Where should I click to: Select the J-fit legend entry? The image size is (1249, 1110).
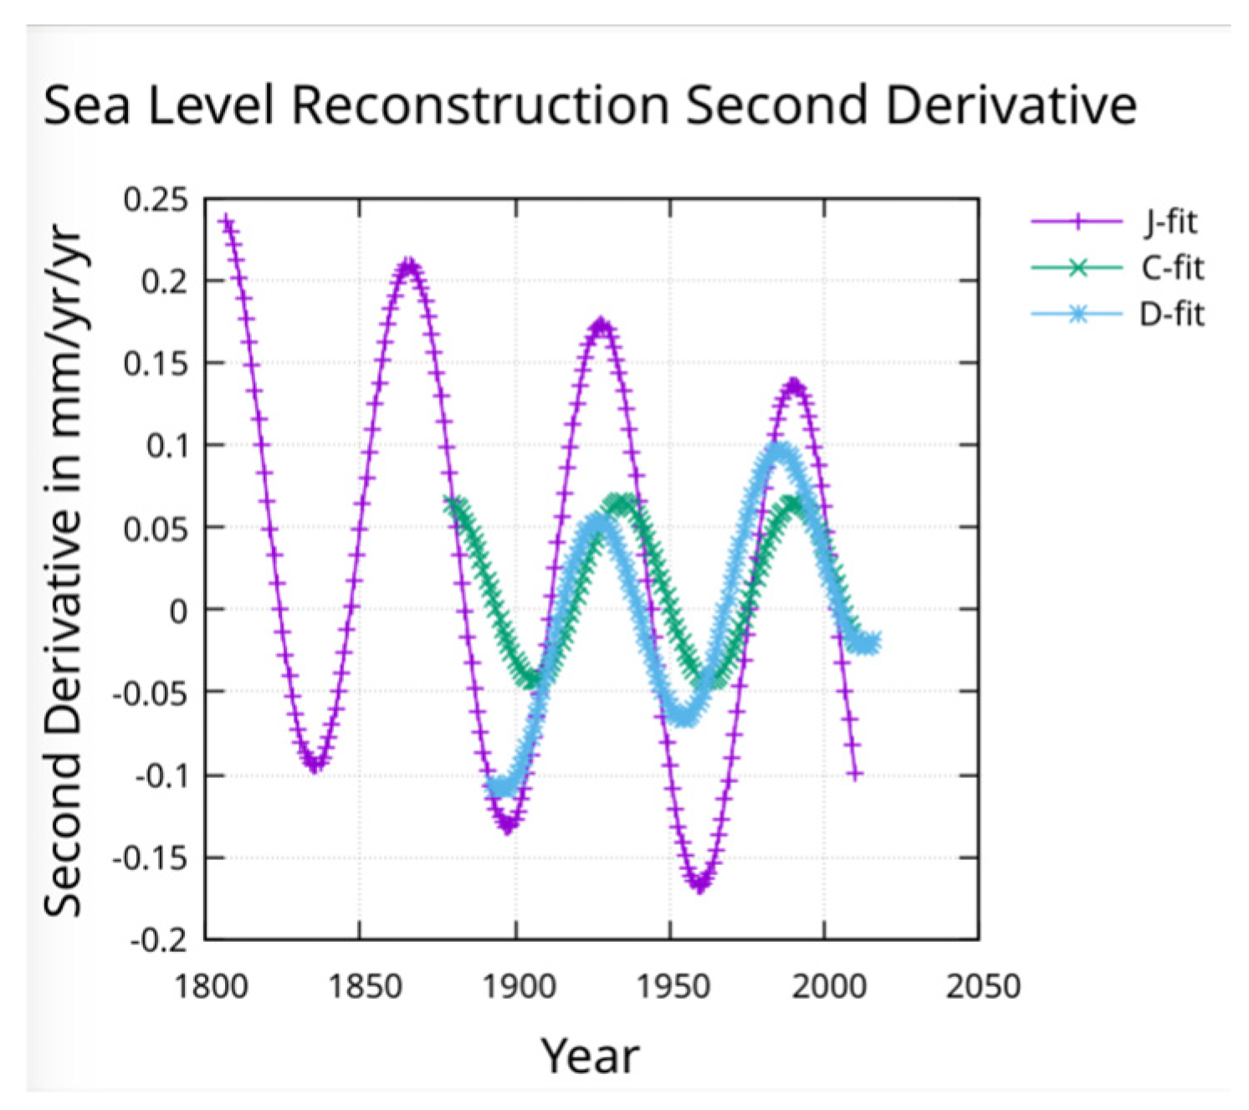pyautogui.click(x=1171, y=222)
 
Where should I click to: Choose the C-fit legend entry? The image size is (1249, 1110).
pyautogui.click(x=1172, y=269)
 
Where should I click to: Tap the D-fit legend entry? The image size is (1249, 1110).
pyautogui.click(x=1172, y=315)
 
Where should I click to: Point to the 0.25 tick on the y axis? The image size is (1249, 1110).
pyautogui.click(x=156, y=200)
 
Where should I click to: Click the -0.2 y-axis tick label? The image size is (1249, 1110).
pyautogui.click(x=159, y=940)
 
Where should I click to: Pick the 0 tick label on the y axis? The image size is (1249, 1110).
pyautogui.click(x=178, y=611)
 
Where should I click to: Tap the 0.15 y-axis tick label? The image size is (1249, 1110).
pyautogui.click(x=156, y=364)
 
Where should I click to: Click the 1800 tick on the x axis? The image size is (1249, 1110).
pyautogui.click(x=211, y=987)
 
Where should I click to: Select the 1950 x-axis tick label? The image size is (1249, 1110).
pyautogui.click(x=673, y=987)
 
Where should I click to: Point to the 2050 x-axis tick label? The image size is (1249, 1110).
pyautogui.click(x=982, y=987)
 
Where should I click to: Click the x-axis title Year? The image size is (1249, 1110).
pyautogui.click(x=590, y=1056)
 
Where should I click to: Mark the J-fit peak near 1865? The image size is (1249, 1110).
pyautogui.click(x=408, y=268)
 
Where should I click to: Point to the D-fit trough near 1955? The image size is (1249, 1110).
pyautogui.click(x=684, y=718)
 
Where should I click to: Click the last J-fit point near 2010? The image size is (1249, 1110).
pyautogui.click(x=854, y=775)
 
